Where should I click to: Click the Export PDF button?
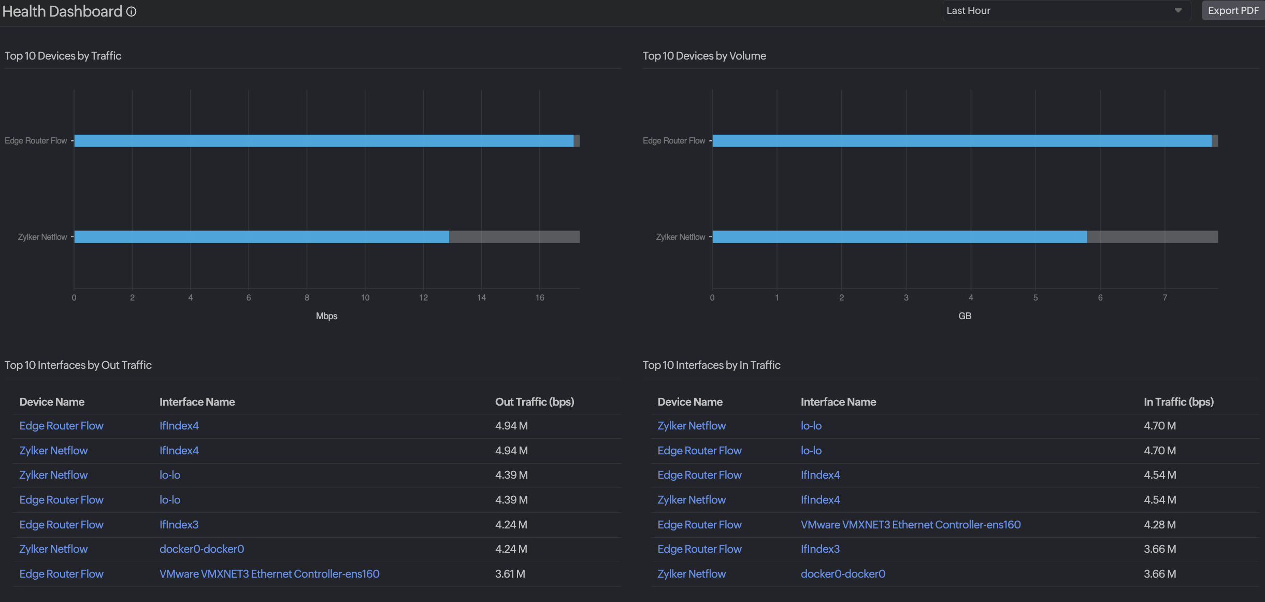(x=1233, y=10)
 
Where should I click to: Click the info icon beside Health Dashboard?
(x=132, y=11)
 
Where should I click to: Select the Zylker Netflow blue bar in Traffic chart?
(x=261, y=237)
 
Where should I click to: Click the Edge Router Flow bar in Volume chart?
(x=961, y=140)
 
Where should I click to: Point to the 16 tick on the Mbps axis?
(x=540, y=297)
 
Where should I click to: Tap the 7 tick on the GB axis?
(x=1165, y=297)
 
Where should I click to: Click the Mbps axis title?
(x=326, y=316)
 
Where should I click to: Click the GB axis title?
(x=965, y=316)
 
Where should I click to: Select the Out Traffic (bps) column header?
(x=534, y=402)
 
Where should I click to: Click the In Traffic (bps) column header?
(x=1178, y=402)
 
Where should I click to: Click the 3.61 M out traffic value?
(x=510, y=574)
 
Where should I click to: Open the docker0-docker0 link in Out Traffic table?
(x=202, y=549)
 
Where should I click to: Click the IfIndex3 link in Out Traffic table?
(x=179, y=524)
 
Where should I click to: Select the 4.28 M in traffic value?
(x=1159, y=524)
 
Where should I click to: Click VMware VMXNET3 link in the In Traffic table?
(x=910, y=524)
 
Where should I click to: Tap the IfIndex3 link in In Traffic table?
(x=820, y=549)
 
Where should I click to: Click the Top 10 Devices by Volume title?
(x=704, y=55)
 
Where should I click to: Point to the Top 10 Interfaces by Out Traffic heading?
(x=78, y=365)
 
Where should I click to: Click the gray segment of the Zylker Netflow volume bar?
(x=1152, y=237)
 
